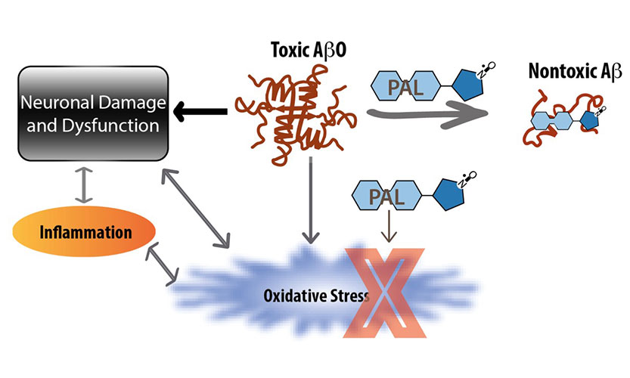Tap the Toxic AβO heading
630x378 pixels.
[x=304, y=51]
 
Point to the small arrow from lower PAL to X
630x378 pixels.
[x=386, y=228]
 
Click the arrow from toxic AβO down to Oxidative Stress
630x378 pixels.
[x=310, y=204]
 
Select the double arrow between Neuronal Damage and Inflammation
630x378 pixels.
[x=84, y=184]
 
